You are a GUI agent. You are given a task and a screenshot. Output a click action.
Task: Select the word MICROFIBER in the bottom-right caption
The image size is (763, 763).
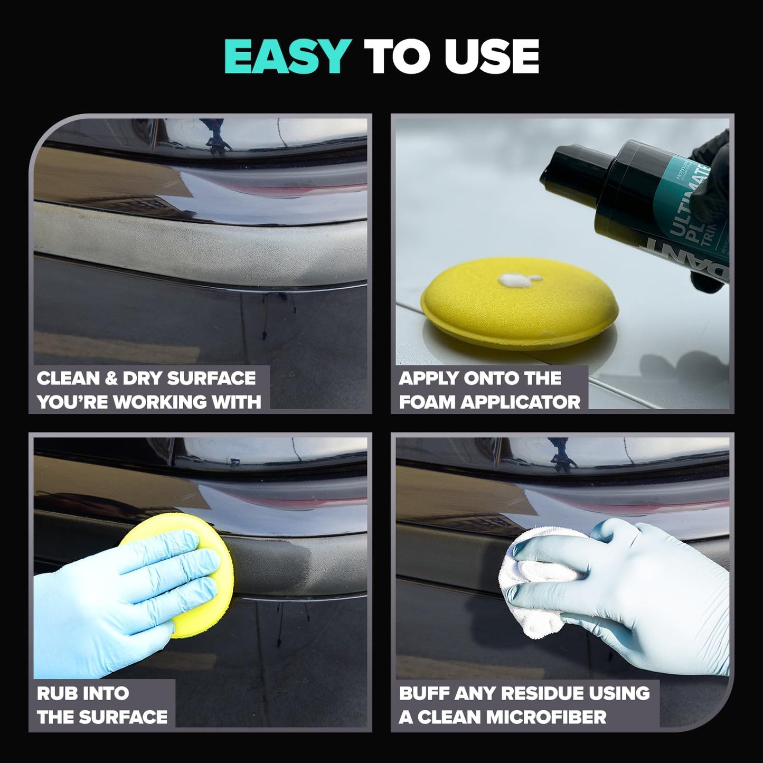(x=547, y=717)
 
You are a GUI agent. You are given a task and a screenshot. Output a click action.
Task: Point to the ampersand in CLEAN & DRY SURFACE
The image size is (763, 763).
(x=111, y=379)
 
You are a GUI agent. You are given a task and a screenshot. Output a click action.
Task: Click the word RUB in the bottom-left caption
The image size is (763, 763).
(x=54, y=693)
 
